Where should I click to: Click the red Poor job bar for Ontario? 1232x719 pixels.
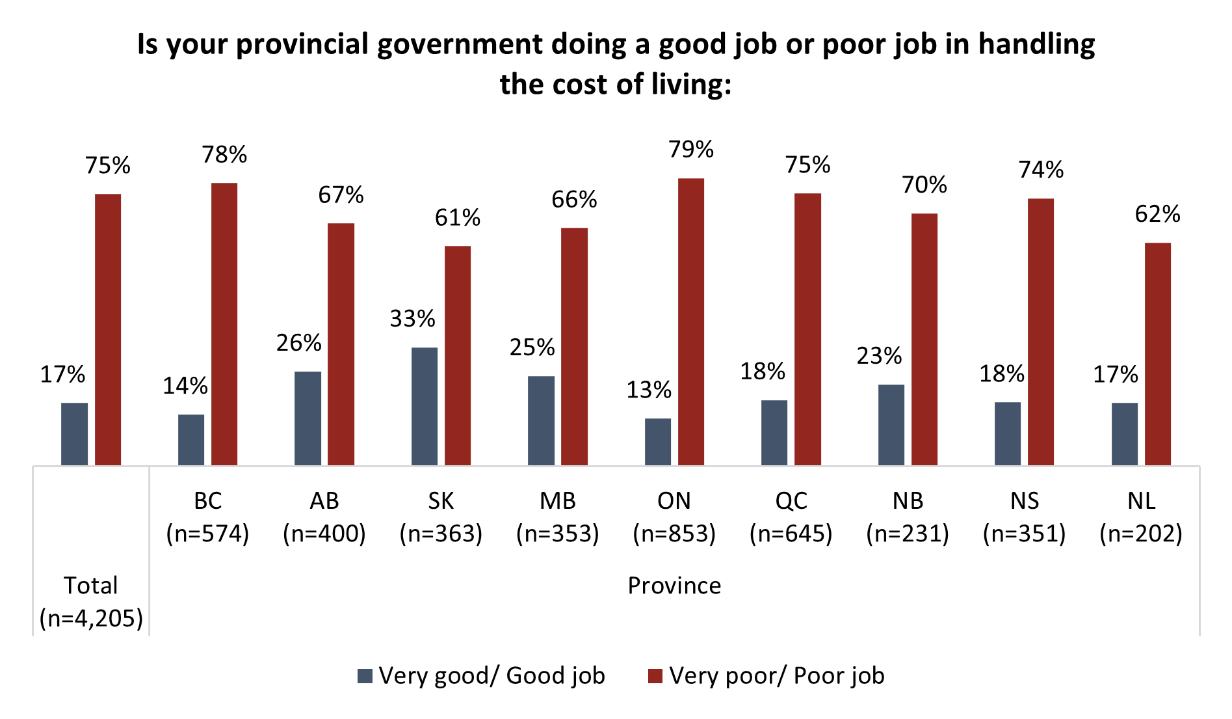690,322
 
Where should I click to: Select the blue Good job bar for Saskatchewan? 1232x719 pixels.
425,406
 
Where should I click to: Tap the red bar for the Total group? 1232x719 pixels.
108,329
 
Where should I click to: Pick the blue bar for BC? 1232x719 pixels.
191,440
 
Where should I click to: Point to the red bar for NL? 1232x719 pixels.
1157,354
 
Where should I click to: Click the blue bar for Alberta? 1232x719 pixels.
308,418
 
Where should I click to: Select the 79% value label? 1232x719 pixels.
691,150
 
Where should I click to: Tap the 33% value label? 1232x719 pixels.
412,319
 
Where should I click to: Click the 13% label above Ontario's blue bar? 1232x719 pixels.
649,390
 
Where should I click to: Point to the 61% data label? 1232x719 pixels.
458,217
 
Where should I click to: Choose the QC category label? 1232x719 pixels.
791,501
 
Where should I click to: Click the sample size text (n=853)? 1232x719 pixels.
674,534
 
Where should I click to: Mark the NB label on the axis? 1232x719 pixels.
908,501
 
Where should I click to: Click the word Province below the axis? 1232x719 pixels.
674,586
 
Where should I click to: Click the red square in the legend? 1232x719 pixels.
655,676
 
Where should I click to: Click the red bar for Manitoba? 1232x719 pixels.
574,346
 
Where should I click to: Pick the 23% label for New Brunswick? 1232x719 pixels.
879,356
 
